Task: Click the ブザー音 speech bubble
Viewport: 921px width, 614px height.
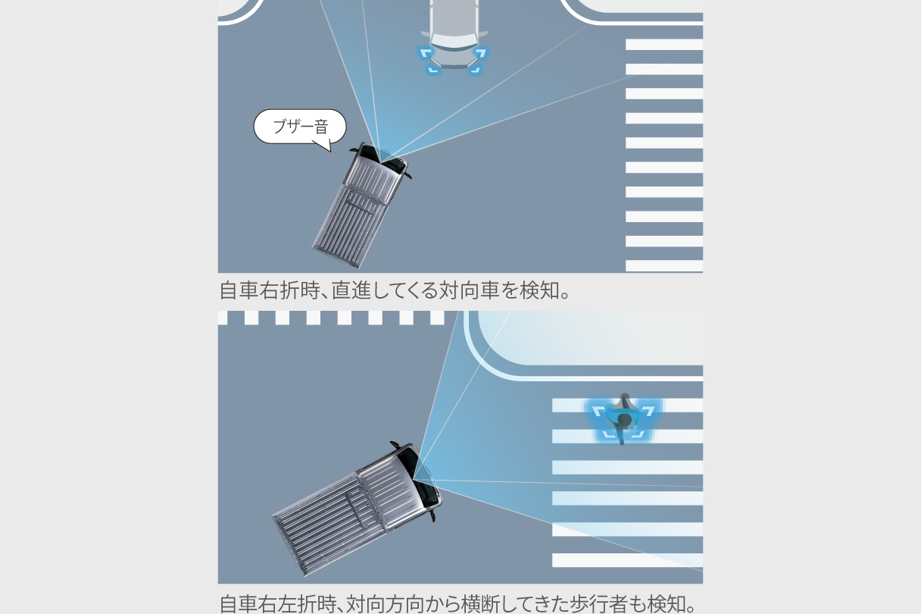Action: (299, 127)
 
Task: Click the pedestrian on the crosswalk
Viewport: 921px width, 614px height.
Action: (624, 419)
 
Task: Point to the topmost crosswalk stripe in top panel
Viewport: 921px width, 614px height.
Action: (663, 45)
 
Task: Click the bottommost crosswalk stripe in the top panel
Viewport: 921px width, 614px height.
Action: (663, 266)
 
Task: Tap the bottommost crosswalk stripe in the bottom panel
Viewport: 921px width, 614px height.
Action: (626, 560)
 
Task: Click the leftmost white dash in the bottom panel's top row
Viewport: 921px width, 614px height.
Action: (223, 318)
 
